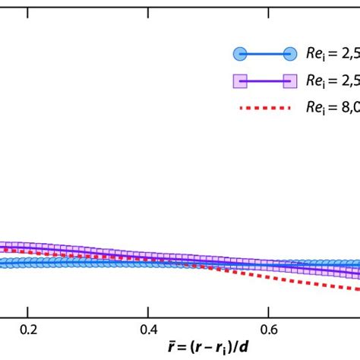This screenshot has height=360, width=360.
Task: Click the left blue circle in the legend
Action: pyautogui.click(x=239, y=54)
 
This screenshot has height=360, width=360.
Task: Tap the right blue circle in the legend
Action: pyautogui.click(x=289, y=54)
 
